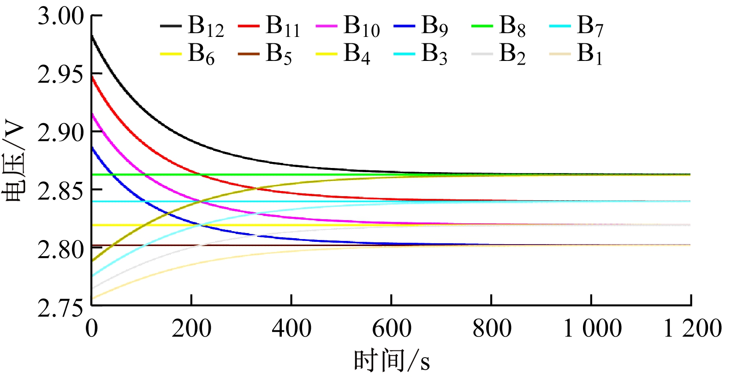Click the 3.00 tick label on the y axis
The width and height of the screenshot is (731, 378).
coord(60,17)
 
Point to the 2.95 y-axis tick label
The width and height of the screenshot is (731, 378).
coord(60,74)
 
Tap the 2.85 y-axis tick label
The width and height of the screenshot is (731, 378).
coord(60,191)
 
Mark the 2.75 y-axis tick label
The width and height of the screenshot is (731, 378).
coord(60,307)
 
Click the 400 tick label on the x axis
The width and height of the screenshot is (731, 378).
coord(291,329)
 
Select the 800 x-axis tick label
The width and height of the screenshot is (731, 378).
coord(492,329)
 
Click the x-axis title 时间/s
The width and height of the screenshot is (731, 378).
coord(392,360)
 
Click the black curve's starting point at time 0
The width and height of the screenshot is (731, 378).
coord(92,35)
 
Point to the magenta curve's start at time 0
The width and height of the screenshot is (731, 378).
coord(92,114)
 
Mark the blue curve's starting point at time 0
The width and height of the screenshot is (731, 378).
coord(92,147)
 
